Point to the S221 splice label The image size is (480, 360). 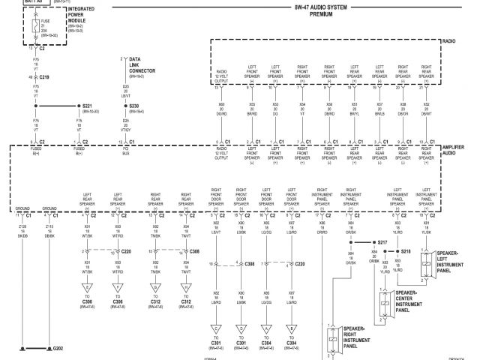(x=87, y=108)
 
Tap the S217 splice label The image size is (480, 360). (x=384, y=243)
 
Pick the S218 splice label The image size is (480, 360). (x=406, y=251)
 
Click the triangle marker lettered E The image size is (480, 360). (x=88, y=286)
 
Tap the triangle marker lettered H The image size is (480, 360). (x=186, y=286)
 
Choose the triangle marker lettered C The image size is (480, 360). (x=216, y=328)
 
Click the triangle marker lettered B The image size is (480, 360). (x=291, y=328)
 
